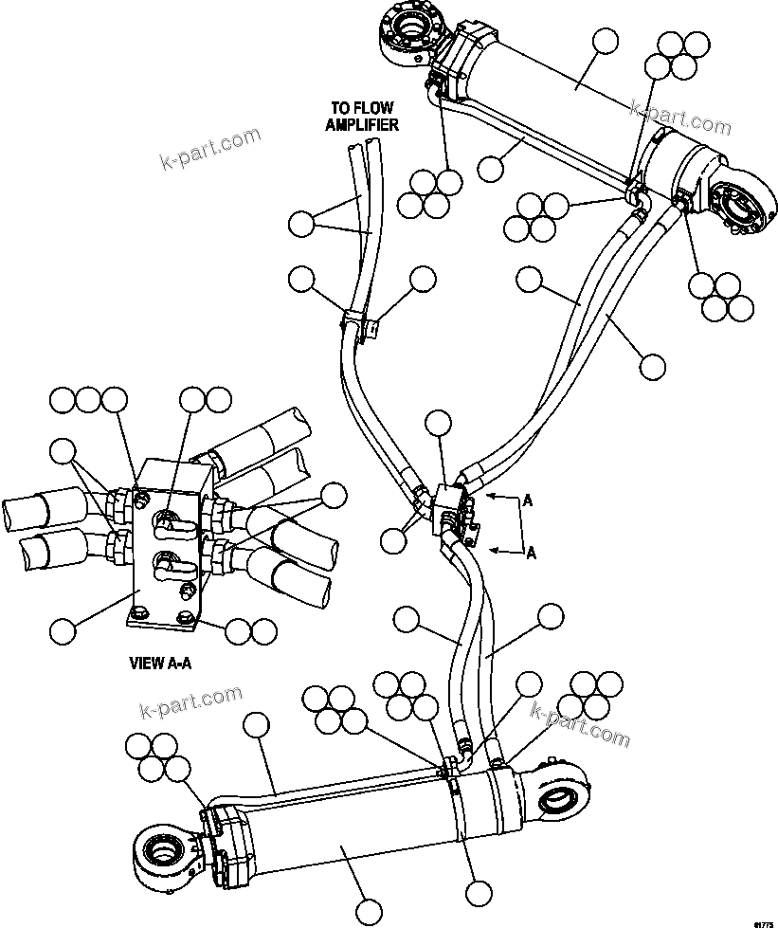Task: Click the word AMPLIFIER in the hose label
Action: pyautogui.click(x=362, y=124)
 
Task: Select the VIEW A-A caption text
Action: pyautogui.click(x=160, y=663)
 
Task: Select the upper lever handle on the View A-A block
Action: pyautogui.click(x=170, y=520)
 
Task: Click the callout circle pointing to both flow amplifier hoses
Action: pyautogui.click(x=301, y=225)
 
